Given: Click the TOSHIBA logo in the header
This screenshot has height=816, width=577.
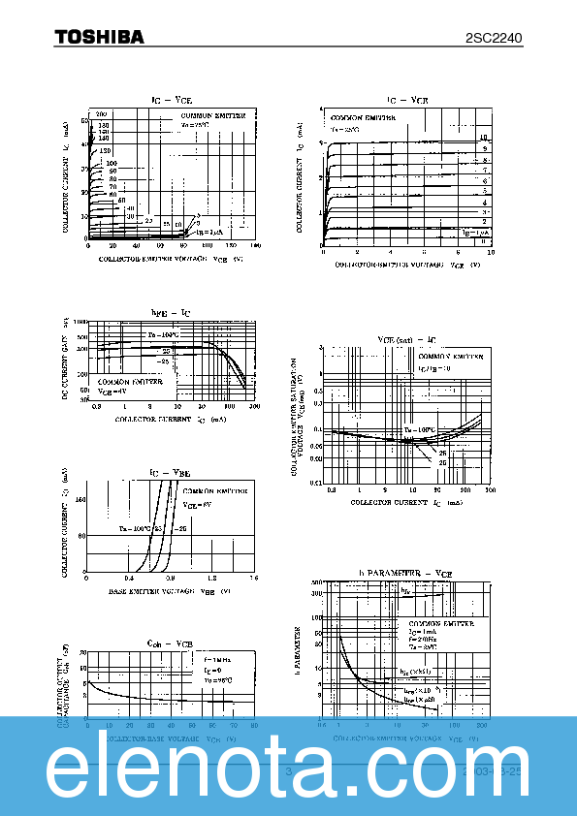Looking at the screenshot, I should (x=99, y=37).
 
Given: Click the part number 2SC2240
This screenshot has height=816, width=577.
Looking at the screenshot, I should (x=494, y=38).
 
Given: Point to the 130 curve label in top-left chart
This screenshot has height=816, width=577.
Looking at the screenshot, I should (x=104, y=151).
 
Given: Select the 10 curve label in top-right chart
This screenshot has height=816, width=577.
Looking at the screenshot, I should (x=483, y=139).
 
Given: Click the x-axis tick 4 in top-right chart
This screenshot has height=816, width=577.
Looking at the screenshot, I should (x=390, y=253).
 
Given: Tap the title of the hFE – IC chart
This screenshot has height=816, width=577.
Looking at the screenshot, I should (x=171, y=311).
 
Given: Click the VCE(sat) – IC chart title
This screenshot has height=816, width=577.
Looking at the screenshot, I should (x=406, y=340).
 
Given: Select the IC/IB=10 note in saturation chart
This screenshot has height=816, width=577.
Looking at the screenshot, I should (x=407, y=369).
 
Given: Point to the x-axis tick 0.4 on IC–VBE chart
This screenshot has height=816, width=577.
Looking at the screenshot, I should (x=129, y=579).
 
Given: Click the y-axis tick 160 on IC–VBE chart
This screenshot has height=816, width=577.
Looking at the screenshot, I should (x=80, y=500).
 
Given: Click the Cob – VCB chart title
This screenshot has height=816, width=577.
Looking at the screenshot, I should (x=169, y=643).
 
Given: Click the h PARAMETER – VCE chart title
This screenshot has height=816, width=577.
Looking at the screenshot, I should (x=405, y=574).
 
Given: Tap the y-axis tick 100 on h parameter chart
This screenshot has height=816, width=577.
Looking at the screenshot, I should (x=317, y=616).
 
